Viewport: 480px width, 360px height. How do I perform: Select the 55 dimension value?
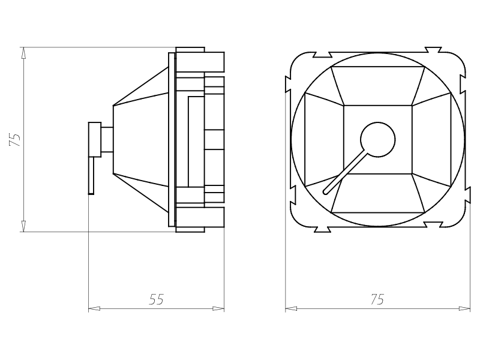click(156, 299)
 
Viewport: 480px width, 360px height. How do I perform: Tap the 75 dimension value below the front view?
click(377, 299)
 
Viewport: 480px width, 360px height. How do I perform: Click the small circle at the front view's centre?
click(378, 140)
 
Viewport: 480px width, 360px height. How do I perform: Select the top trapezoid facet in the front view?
click(378, 86)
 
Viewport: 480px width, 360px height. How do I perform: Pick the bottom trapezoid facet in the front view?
click(378, 194)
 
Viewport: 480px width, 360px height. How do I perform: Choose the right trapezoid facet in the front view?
click(432, 140)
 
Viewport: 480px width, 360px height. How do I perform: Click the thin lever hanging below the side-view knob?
click(91, 175)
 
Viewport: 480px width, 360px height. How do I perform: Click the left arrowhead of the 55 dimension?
click(94, 309)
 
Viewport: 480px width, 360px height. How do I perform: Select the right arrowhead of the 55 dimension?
click(219, 309)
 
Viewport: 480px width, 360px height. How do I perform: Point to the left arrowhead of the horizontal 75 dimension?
click(290, 309)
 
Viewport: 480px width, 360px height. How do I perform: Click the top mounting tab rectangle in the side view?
click(200, 61)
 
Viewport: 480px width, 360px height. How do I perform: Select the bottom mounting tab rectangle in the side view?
click(200, 219)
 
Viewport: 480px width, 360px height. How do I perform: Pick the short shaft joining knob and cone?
click(107, 140)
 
